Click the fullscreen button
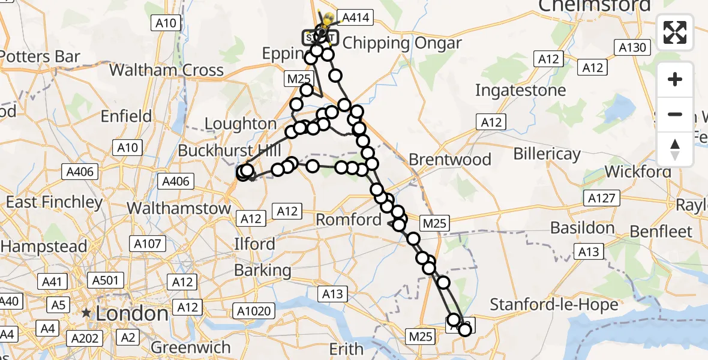coord(675,32)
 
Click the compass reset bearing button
coord(675,149)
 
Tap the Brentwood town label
coord(450,160)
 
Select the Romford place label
coord(349,220)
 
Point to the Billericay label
coord(547,154)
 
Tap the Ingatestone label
coord(520,90)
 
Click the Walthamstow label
coord(179,208)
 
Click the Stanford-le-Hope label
coord(554,304)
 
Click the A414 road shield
coord(355,17)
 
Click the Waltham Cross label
coord(166,70)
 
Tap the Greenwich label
coord(191,347)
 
